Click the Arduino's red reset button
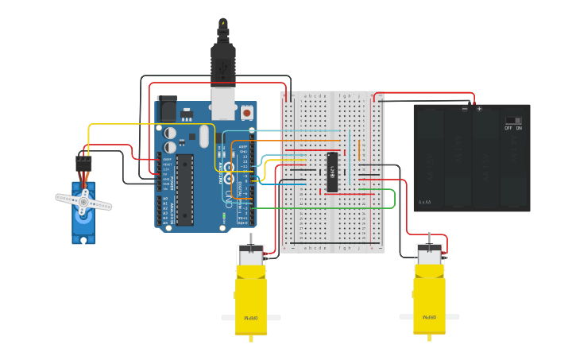(x=246, y=114)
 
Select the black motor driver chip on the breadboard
(x=332, y=172)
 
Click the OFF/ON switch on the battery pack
(x=513, y=122)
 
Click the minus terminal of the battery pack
(x=465, y=109)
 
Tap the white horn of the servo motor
(x=83, y=202)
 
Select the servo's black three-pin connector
(x=83, y=165)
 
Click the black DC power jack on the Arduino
(x=167, y=109)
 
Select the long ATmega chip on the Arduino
(x=185, y=189)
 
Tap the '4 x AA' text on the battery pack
(x=425, y=202)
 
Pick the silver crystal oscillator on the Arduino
(x=204, y=136)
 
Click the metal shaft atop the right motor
(x=430, y=238)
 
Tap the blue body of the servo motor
(x=83, y=226)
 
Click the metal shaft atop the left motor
(x=251, y=238)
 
